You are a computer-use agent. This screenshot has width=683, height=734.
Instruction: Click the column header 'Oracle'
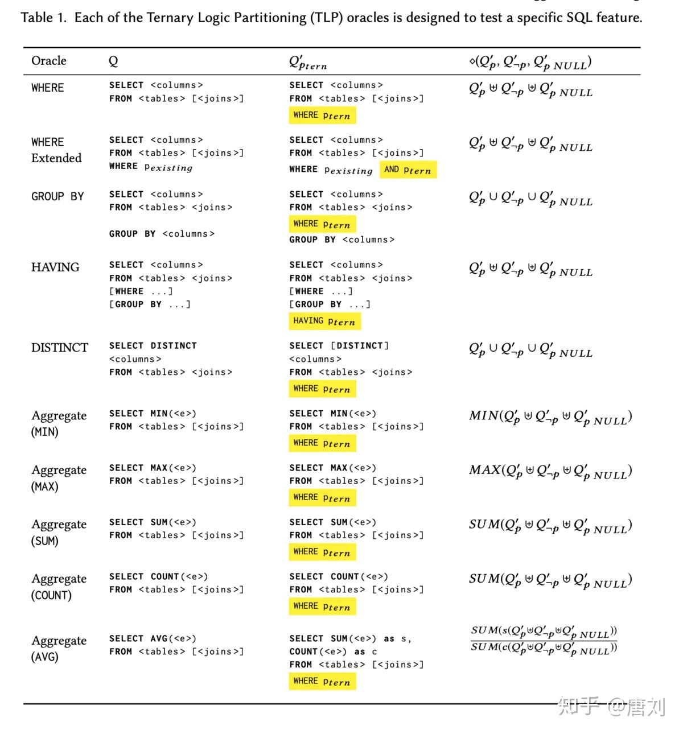point(48,61)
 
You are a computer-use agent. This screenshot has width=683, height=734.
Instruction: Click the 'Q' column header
point(113,61)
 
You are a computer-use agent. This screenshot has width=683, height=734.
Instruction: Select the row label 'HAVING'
point(55,267)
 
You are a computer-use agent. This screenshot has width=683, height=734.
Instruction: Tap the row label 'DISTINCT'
point(60,348)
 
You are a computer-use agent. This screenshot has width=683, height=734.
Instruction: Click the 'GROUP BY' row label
point(57,196)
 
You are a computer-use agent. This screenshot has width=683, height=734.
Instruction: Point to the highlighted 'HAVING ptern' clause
point(324,321)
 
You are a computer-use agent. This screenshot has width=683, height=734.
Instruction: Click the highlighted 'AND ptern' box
point(408,170)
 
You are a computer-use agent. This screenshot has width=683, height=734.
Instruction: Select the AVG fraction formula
point(544,640)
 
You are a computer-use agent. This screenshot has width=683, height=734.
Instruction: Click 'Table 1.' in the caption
point(44,18)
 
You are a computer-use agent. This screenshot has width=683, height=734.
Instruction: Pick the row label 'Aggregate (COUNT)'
point(59,587)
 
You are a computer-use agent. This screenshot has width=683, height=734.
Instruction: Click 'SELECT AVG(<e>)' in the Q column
point(153,638)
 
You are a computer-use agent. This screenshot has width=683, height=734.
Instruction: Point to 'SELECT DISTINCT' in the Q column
point(153,345)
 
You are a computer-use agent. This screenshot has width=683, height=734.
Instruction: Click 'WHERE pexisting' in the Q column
point(151,167)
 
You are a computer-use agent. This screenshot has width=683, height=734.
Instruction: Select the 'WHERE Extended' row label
point(56,150)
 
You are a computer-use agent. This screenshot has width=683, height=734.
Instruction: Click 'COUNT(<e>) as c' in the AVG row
point(333,651)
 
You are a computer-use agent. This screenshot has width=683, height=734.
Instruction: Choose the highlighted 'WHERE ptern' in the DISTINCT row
point(322,389)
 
